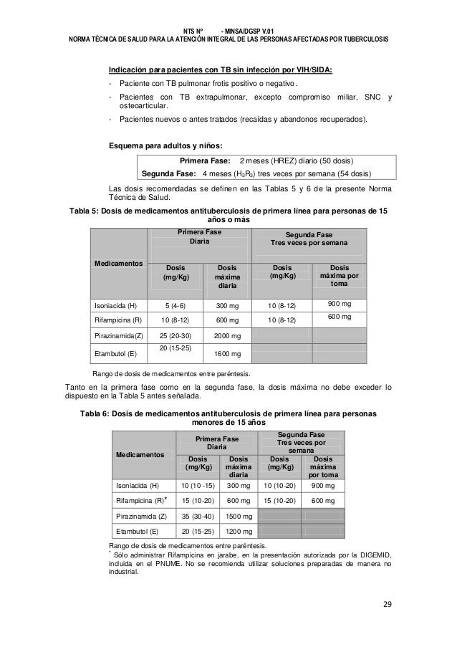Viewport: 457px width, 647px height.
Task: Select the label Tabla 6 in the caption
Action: pos(97,414)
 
